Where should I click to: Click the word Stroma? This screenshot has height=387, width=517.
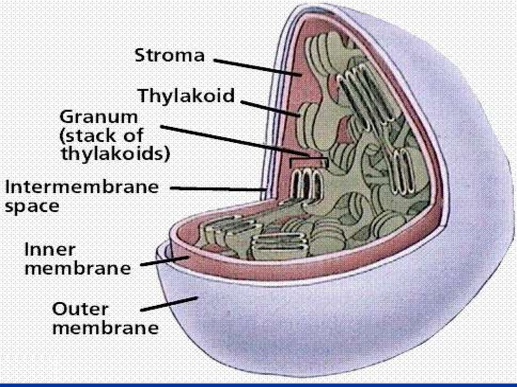pyautogui.click(x=169, y=55)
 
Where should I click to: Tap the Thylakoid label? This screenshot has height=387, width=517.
pyautogui.click(x=187, y=95)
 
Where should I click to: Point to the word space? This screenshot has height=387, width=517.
pyautogui.click(x=32, y=207)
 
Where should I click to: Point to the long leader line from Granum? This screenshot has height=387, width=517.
pyautogui.click(x=232, y=139)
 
